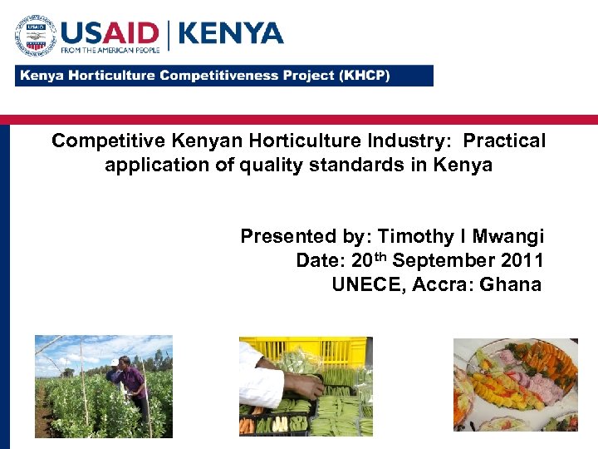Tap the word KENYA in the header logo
click(x=231, y=32)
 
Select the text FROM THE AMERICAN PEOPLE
click(x=107, y=51)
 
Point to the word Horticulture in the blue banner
click(x=115, y=75)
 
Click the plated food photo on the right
click(x=515, y=384)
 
